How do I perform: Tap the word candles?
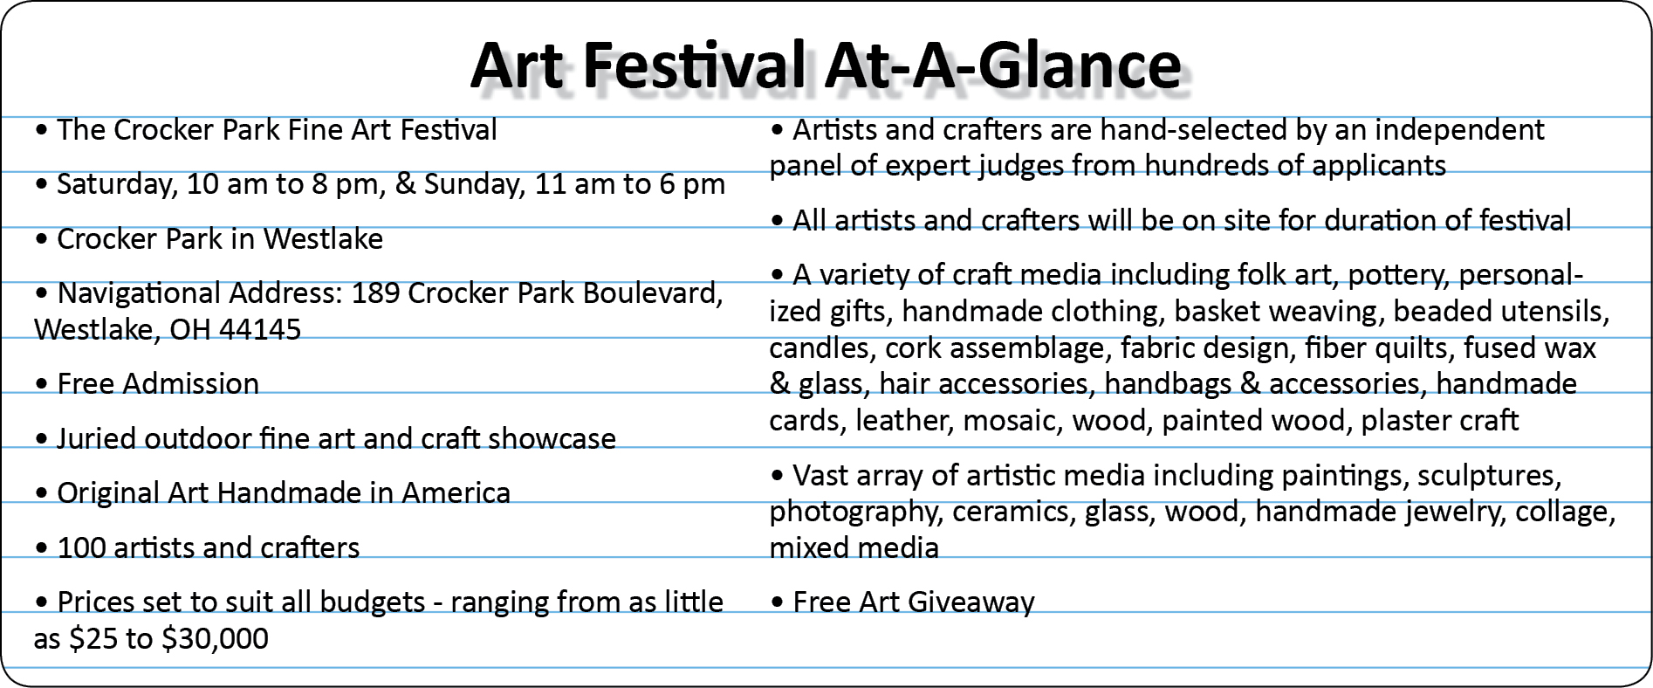click(x=822, y=348)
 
